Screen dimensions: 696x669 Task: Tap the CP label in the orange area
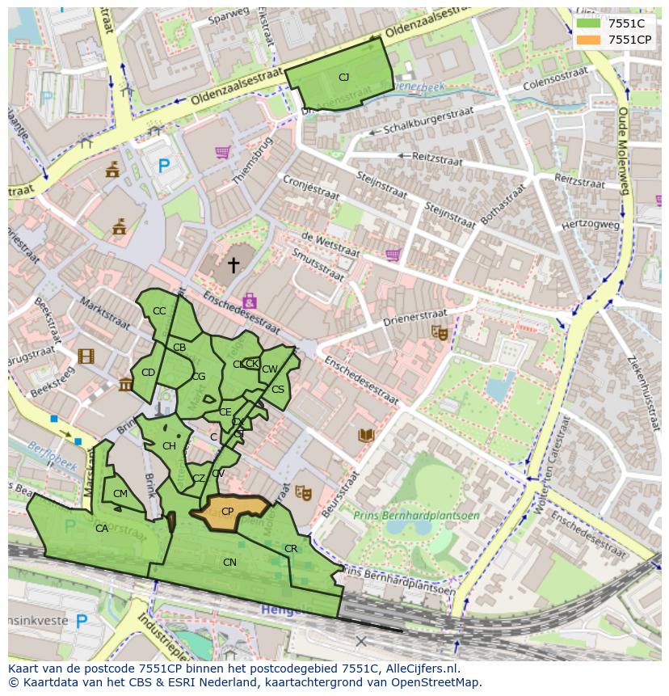click(x=228, y=512)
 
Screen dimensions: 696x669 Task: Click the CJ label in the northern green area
click(x=343, y=78)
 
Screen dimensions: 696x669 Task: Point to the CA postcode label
click(x=102, y=529)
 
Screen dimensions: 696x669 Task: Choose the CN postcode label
click(x=229, y=562)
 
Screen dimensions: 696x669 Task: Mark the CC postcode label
click(x=159, y=311)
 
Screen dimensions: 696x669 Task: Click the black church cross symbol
click(x=234, y=264)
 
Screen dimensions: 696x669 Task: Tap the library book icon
click(x=366, y=436)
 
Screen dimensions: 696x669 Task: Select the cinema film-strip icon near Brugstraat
click(x=86, y=356)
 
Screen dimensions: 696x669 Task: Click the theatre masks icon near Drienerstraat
click(x=439, y=331)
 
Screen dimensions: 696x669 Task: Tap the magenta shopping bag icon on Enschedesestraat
click(x=249, y=301)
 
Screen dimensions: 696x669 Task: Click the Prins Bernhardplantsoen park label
click(x=416, y=515)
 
